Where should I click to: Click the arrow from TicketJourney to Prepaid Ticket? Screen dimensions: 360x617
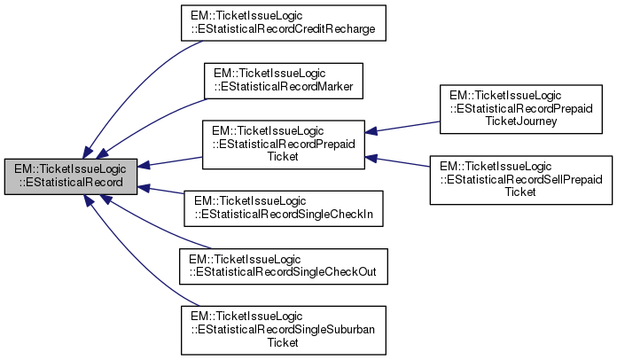[x=404, y=128]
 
